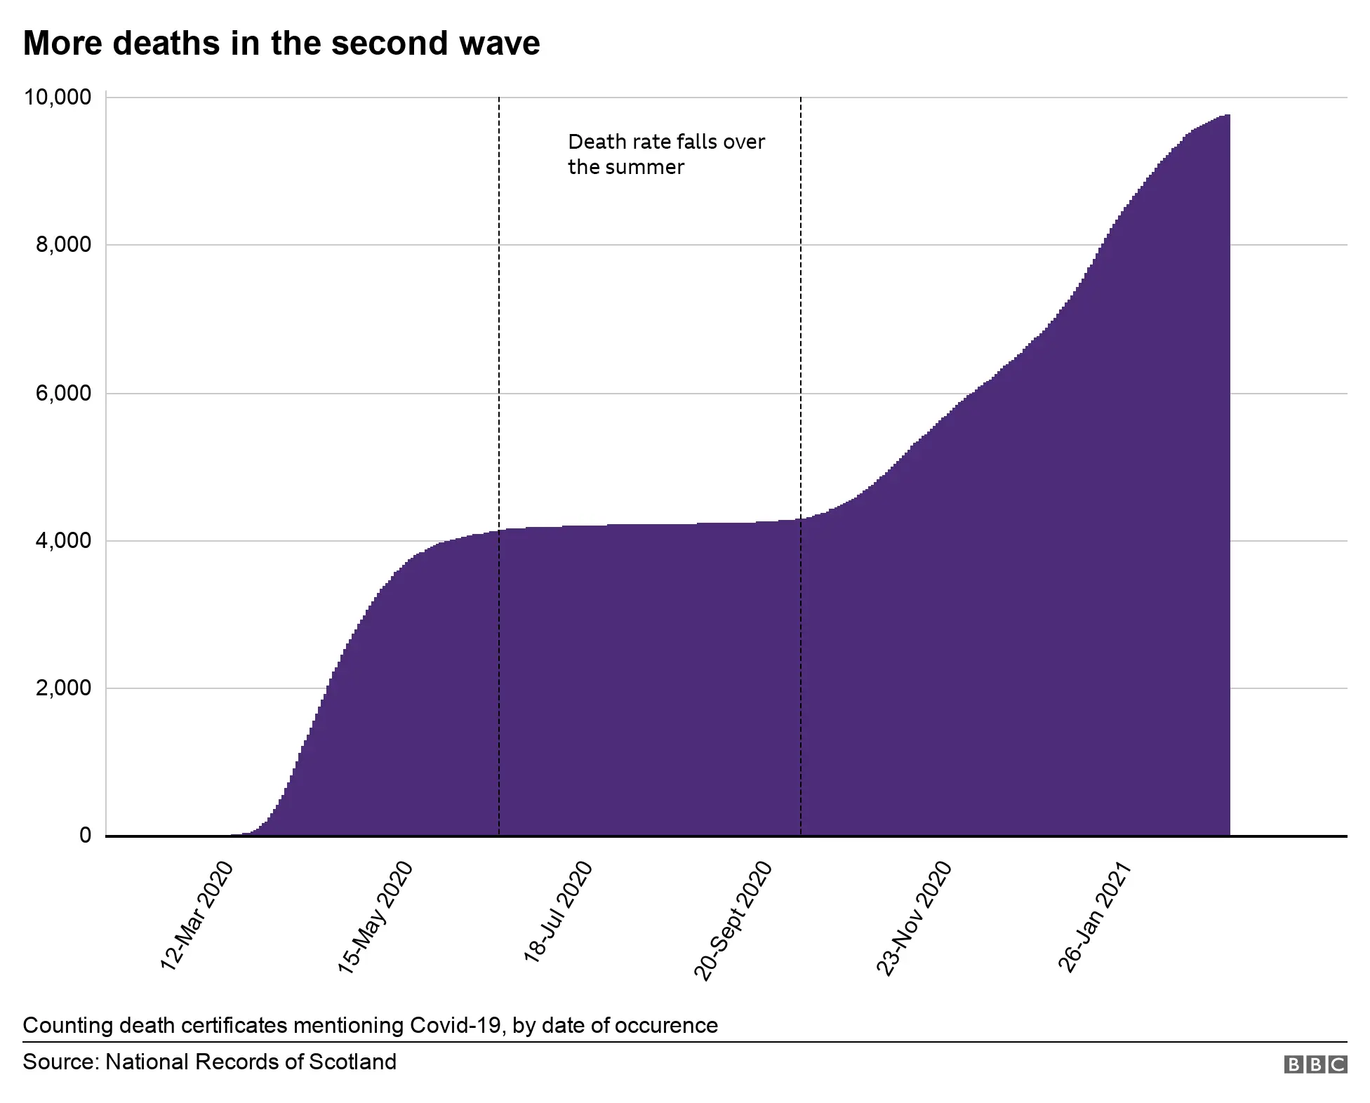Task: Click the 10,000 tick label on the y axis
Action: pos(58,98)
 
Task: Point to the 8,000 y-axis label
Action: pos(63,245)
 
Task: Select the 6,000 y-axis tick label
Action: pos(63,393)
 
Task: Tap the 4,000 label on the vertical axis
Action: pos(63,540)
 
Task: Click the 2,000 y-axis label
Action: pos(63,688)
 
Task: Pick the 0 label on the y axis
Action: pos(85,835)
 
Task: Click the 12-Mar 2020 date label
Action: pos(197,916)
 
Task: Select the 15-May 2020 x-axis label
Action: pos(376,917)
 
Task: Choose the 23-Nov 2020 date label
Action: pos(915,918)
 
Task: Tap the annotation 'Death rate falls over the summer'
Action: pos(665,154)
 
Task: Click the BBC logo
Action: pos(1315,1064)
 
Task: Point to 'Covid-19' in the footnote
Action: pos(456,1025)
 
